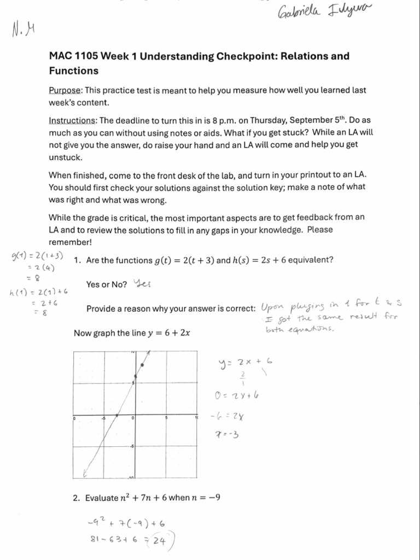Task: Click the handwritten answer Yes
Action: point(142,284)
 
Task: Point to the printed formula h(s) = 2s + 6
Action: point(259,260)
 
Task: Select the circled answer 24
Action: point(160,542)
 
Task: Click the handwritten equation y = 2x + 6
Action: point(246,362)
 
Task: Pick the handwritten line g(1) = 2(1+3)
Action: point(37,256)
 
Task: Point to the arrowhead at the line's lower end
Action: point(85,471)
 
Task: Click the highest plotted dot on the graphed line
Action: point(142,364)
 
